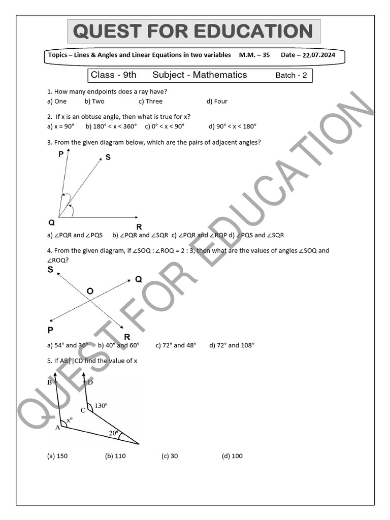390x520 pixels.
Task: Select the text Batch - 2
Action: point(291,75)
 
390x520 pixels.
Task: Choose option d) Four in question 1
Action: point(217,101)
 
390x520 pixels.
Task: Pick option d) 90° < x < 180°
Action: point(233,126)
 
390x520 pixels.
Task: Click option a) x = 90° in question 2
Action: point(60,126)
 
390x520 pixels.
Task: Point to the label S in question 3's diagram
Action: point(108,157)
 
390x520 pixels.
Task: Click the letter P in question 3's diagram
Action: point(61,154)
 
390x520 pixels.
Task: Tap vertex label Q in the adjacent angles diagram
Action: point(51,222)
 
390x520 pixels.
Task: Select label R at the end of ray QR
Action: point(139,226)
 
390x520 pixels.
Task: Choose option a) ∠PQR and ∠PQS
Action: point(75,235)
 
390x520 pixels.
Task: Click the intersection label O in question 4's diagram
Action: point(90,291)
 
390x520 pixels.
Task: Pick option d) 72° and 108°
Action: point(232,345)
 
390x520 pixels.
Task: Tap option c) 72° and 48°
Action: point(176,345)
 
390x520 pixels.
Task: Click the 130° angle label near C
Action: point(102,406)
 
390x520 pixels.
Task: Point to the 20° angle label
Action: point(114,433)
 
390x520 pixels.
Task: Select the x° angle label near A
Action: point(70,420)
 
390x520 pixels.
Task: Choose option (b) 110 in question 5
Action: point(115,456)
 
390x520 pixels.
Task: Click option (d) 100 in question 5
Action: point(232,456)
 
